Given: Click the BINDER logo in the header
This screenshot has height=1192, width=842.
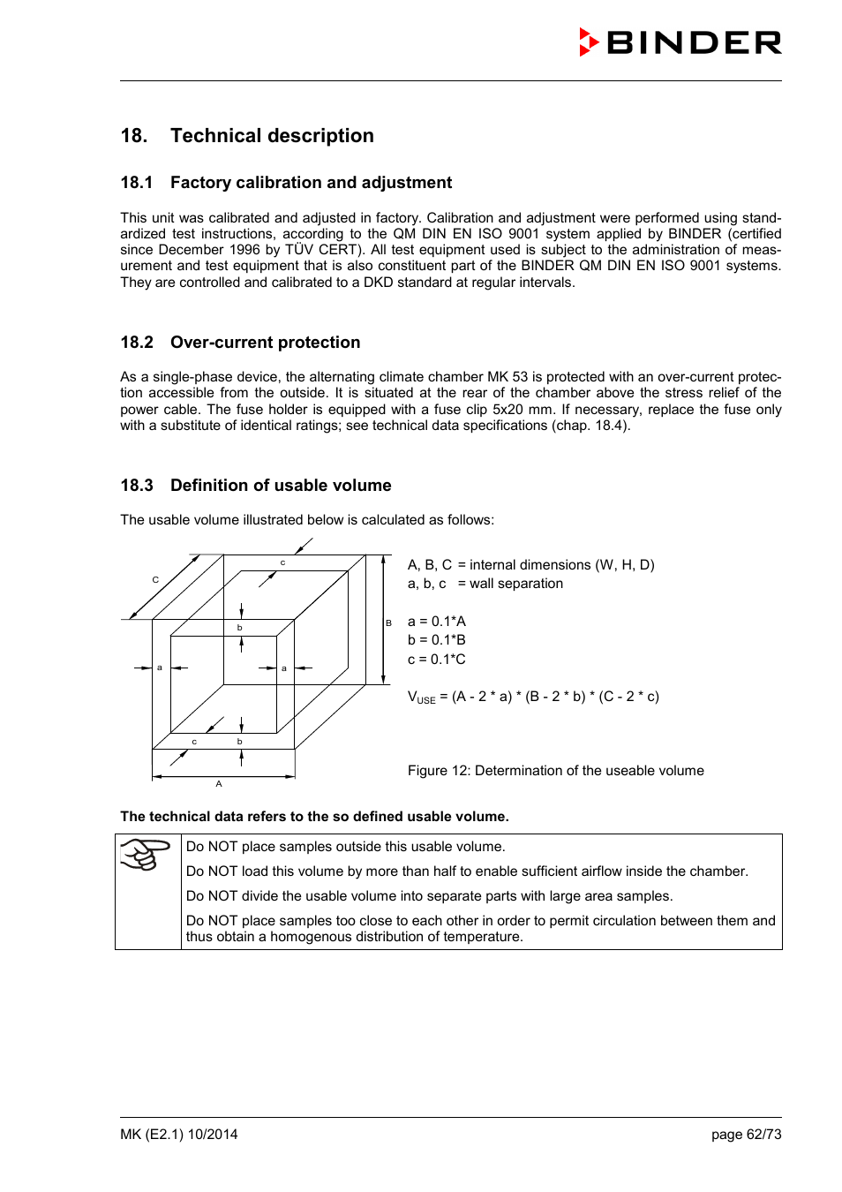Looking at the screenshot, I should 680,42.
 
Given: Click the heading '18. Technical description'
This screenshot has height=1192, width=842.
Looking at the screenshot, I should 247,136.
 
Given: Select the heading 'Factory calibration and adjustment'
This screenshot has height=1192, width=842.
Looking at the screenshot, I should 311,183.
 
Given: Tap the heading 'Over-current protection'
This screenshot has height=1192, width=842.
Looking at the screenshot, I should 265,343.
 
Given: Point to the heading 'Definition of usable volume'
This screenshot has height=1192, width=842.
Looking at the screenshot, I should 281,486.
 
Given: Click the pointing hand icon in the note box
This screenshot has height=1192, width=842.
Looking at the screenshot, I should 146,854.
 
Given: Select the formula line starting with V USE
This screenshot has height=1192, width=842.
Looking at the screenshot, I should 533,697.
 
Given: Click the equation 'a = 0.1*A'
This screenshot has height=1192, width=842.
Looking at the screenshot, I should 436,622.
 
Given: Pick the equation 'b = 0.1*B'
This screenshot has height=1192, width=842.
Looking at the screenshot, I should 436,640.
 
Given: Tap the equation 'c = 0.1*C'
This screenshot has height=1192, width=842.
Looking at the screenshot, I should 436,660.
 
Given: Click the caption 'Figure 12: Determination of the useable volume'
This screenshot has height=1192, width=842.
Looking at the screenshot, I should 555,771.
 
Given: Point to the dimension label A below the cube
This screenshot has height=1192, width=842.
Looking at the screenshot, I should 219,784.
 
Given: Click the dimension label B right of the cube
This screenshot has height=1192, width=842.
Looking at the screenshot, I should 388,623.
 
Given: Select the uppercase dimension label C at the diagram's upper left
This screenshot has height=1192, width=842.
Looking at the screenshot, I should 155,580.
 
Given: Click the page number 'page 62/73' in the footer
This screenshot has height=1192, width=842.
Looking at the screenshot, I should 746,1135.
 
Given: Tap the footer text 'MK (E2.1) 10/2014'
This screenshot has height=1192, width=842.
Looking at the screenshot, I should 179,1135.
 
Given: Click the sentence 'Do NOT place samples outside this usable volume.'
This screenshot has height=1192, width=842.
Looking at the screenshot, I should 345,847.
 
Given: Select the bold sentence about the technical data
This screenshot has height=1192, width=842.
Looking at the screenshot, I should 314,817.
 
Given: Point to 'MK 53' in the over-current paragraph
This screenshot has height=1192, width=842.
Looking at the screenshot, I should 507,377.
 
